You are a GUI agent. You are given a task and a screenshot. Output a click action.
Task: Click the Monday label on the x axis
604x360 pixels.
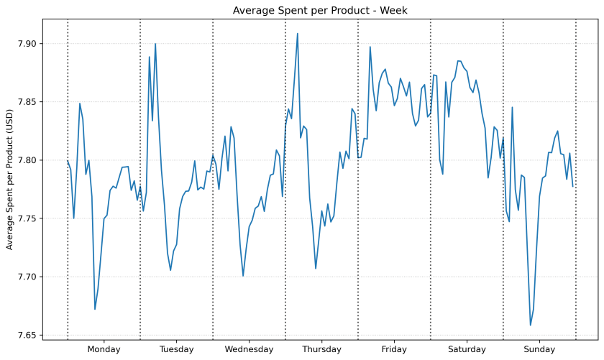point(104,350)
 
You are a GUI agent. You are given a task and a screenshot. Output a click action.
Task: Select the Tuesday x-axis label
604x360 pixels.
point(176,350)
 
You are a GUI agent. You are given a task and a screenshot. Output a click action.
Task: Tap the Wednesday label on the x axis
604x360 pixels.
point(249,350)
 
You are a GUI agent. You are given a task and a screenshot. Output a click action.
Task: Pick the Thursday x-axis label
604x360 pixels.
point(321,350)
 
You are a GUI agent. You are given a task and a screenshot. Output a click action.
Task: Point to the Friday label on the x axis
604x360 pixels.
point(394,350)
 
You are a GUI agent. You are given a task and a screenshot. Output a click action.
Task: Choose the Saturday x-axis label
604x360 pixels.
point(467,350)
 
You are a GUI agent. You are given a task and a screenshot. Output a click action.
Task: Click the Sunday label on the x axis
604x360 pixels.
point(539,350)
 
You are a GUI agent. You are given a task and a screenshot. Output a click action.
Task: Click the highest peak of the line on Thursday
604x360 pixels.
point(298,33)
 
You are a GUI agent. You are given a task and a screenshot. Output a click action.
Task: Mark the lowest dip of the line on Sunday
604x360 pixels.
point(531,326)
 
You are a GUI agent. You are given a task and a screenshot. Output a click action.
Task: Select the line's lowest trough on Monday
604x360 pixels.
point(95,309)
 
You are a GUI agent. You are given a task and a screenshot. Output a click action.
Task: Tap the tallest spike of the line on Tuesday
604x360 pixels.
point(155,44)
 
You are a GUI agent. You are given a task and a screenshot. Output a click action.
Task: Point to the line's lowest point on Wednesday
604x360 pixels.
point(243,276)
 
